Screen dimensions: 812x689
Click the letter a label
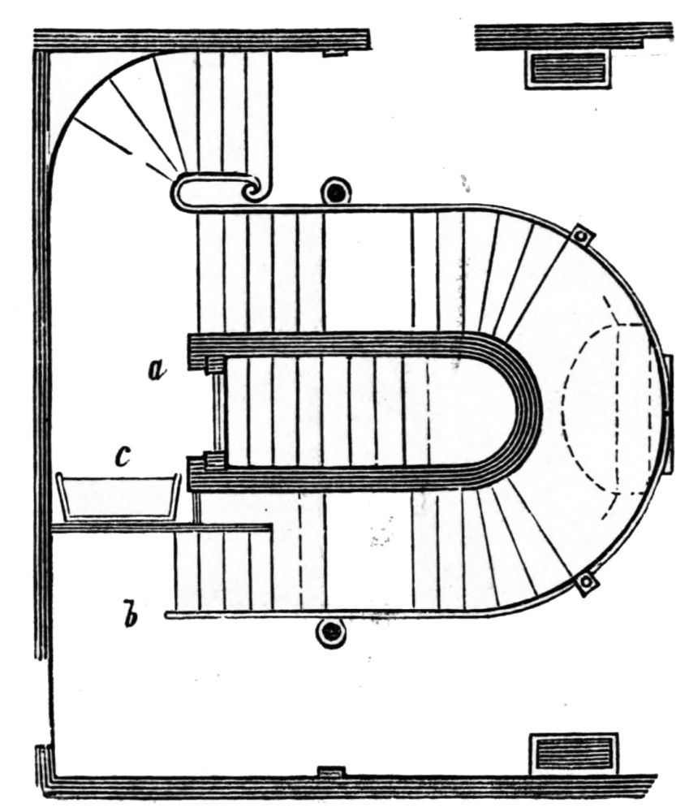coord(157,371)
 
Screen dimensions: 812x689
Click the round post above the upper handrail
coord(334,192)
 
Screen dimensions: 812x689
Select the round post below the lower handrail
coord(331,632)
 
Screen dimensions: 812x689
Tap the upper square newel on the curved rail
coord(581,235)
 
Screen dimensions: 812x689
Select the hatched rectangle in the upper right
coord(567,69)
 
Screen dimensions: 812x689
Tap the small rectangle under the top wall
coord(335,54)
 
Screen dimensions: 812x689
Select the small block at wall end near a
coord(215,366)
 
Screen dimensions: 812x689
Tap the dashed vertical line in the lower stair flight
coord(301,552)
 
